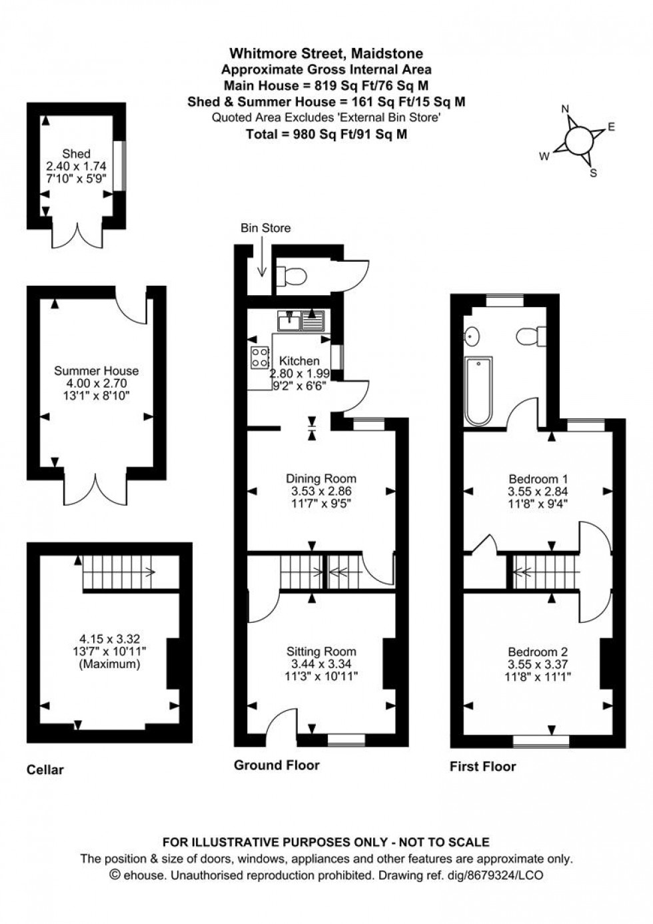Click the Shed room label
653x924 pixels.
[x=76, y=154]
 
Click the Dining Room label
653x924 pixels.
[x=321, y=478]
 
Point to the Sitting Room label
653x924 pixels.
[x=321, y=652]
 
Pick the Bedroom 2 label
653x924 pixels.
[x=538, y=652]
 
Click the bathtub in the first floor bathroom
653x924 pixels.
[x=478, y=391]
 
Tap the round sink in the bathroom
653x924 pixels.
[x=473, y=336]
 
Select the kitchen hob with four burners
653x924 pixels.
[x=259, y=357]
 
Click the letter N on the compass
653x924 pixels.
[x=565, y=109]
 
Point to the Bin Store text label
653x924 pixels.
[x=265, y=228]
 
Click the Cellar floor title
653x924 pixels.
[x=45, y=770]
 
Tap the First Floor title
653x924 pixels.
[x=482, y=766]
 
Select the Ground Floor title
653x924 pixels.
[x=277, y=765]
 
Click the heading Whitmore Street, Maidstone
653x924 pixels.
[x=326, y=53]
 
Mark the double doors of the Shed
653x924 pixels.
[x=77, y=235]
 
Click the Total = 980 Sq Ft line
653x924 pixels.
[x=326, y=134]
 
